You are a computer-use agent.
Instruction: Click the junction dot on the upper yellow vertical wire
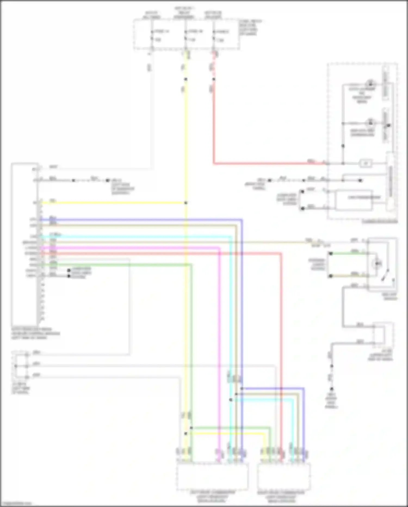(186, 79)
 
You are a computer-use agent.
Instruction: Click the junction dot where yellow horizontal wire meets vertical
(186, 203)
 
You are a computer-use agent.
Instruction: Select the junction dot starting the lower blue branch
(242, 388)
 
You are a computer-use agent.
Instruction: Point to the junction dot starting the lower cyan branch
(231, 400)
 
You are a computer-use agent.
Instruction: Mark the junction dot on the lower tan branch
(236, 394)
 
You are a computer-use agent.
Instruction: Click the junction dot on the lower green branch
(191, 428)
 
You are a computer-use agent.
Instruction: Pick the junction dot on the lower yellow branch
(186, 433)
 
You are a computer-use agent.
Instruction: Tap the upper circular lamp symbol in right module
(370, 83)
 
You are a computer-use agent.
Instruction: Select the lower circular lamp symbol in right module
(370, 123)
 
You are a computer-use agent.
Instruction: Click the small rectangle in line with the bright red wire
(366, 163)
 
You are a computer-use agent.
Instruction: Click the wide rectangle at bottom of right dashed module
(354, 201)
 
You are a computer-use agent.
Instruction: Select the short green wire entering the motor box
(345, 254)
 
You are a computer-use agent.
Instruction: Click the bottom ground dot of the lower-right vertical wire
(332, 389)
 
